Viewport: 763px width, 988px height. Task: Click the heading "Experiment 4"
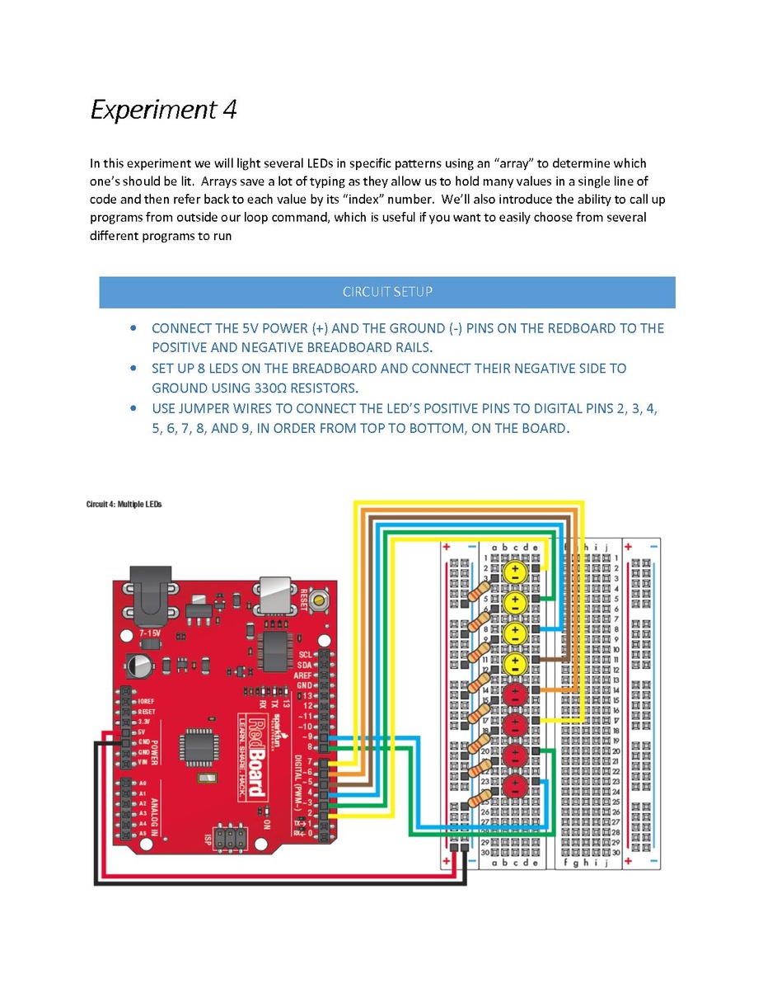163,110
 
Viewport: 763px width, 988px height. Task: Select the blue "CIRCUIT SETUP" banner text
387,292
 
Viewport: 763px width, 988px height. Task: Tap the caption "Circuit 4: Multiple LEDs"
124,504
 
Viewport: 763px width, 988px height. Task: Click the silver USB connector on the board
276,595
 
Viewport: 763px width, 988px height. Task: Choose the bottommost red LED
514,785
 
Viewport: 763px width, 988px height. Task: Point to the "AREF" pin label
304,675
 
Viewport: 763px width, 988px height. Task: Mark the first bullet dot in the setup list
133,328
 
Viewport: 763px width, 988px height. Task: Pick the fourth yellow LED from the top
514,662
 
